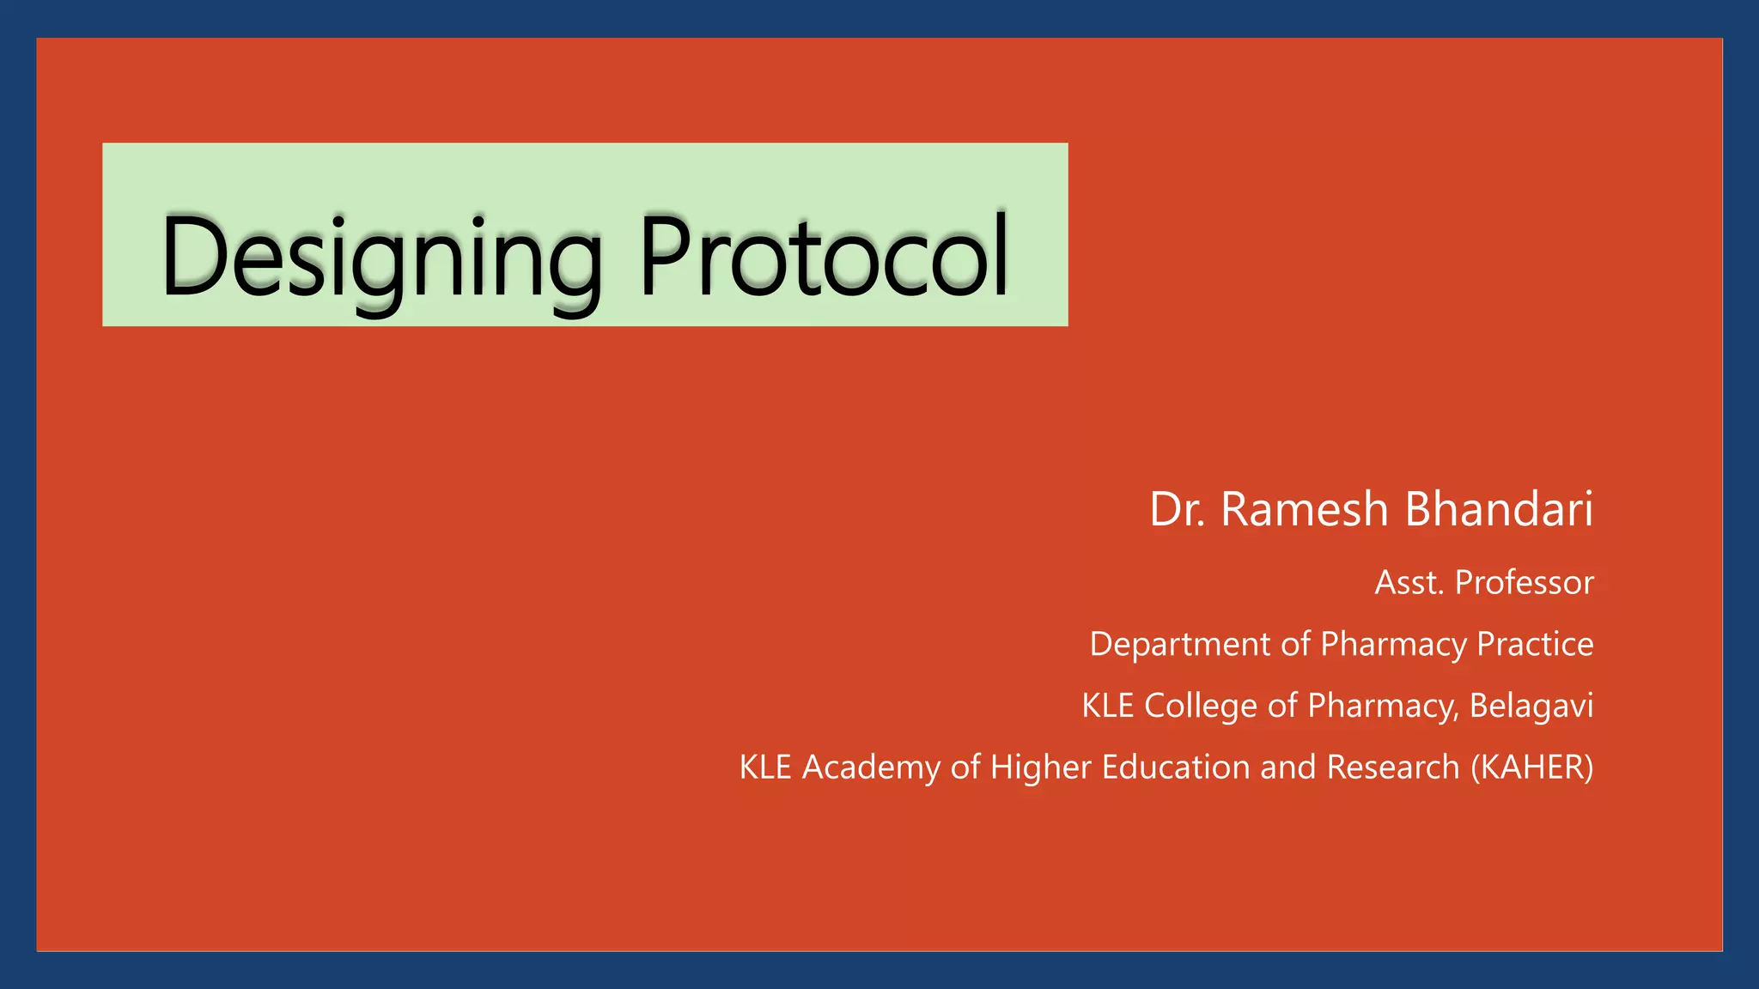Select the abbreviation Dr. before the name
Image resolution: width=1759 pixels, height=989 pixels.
coord(1178,509)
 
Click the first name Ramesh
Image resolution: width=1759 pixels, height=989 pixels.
coord(1304,509)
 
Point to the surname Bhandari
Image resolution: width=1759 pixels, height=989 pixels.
coord(1499,509)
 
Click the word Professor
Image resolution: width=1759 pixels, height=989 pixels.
coord(1525,583)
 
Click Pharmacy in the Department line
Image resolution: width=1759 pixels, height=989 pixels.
coord(1393,645)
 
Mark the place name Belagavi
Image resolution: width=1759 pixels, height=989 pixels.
coord(1531,706)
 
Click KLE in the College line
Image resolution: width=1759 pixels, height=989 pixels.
coord(1108,706)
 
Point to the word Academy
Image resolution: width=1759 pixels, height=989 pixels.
coord(871,768)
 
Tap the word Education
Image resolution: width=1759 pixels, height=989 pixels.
coord(1176,768)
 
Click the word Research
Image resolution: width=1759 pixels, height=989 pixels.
coord(1393,768)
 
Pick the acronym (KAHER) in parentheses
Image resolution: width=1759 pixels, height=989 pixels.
coord(1532,768)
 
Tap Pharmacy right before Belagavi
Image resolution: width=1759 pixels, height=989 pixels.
coord(1382,706)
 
